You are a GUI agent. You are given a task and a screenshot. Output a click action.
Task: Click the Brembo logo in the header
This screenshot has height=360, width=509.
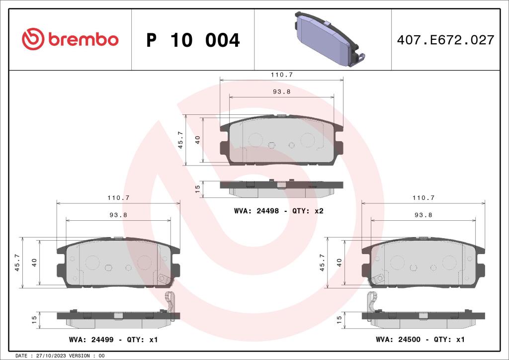point(70,39)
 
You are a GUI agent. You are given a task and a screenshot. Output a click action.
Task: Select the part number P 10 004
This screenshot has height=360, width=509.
point(193,40)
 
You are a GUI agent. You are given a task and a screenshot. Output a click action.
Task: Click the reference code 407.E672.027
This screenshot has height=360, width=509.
point(445,40)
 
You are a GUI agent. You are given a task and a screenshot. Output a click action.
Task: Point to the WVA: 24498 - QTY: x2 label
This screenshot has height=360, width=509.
point(279,211)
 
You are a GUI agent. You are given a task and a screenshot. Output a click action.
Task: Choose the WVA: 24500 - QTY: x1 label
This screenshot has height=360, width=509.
point(420,340)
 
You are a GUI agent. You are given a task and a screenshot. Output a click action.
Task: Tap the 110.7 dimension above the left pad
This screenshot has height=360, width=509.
point(118,197)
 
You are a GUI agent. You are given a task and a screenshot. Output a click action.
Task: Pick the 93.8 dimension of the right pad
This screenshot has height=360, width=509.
point(424,215)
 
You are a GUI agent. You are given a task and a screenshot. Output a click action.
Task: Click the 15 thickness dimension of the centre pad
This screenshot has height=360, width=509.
point(197,188)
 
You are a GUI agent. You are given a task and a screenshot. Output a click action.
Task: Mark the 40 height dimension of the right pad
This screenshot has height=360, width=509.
point(339,263)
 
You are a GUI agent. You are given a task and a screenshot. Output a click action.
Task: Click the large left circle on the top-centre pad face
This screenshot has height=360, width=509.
point(255,140)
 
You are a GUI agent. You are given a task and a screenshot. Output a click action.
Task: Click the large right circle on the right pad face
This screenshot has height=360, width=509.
point(449,262)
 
